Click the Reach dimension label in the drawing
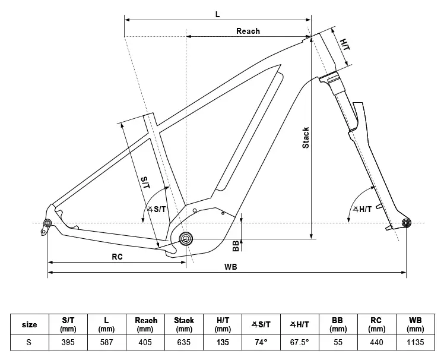(x=248, y=31)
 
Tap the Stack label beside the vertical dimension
(x=306, y=138)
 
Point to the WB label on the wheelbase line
(x=231, y=267)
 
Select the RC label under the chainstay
(x=117, y=257)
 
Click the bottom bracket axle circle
(x=186, y=239)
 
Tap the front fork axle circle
(x=407, y=223)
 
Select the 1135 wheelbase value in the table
(x=416, y=343)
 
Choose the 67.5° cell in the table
(x=300, y=343)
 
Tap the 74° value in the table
(x=261, y=343)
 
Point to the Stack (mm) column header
(x=184, y=324)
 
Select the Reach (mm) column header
(x=145, y=324)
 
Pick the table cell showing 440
(x=377, y=343)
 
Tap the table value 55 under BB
(x=338, y=343)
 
